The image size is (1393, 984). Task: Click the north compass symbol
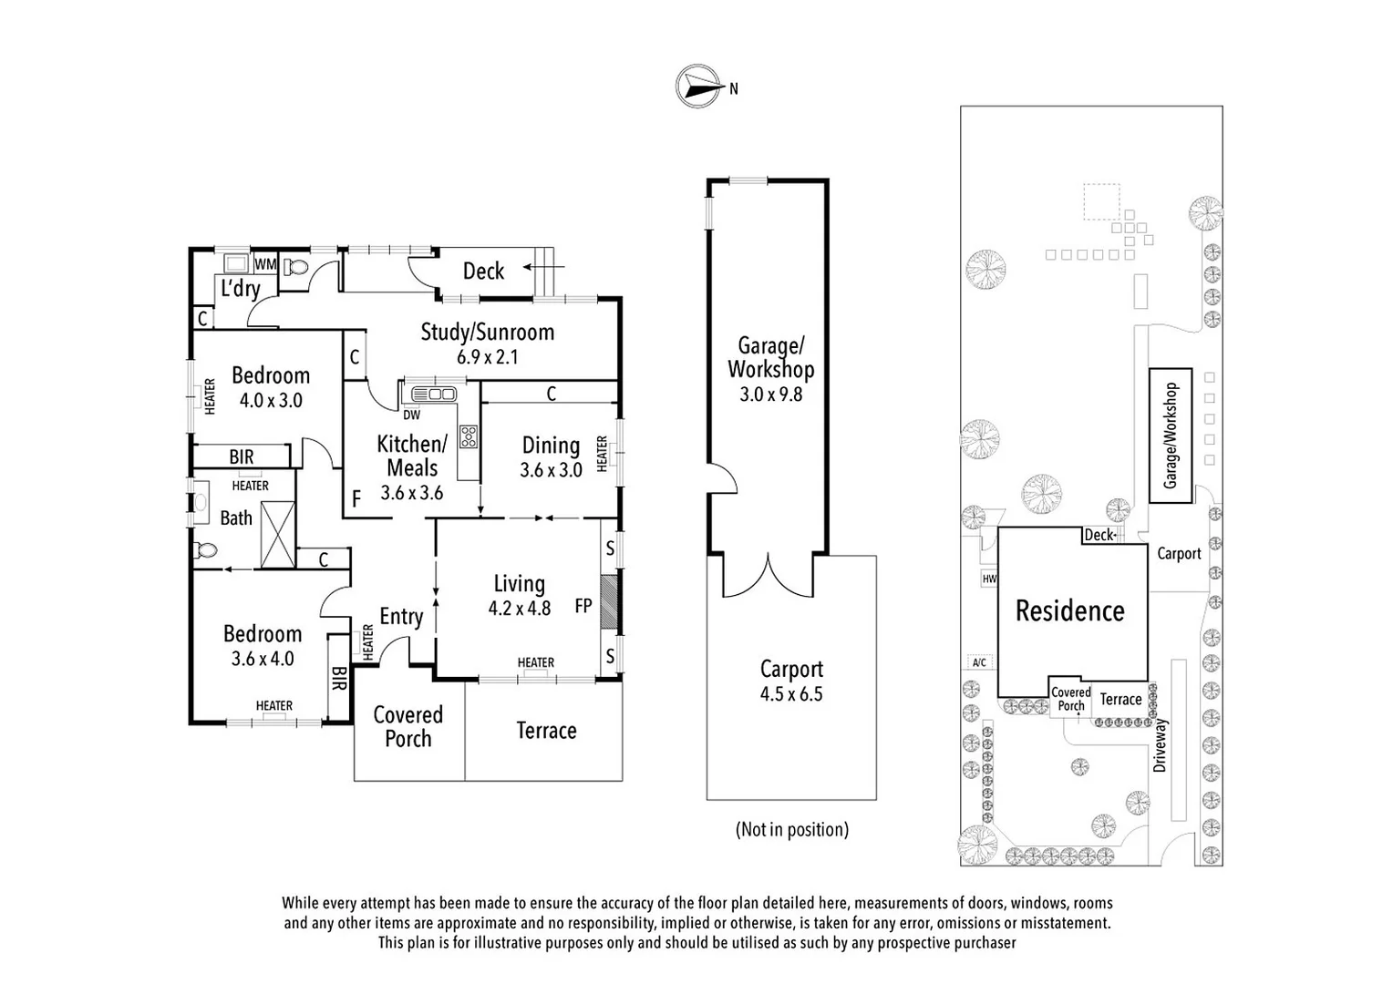[x=697, y=87]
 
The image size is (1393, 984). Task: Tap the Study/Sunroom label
[x=487, y=332]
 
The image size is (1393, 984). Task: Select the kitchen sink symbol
[x=433, y=394]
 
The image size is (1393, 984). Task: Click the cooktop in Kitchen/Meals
[x=469, y=436]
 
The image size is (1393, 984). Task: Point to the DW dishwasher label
[x=411, y=415]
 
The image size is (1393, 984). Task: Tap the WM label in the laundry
[x=264, y=264]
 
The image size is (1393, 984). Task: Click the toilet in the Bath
[x=206, y=549]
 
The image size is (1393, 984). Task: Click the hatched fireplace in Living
[x=609, y=604]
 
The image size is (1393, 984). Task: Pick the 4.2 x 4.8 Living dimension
[x=519, y=608]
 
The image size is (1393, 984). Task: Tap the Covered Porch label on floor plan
[x=408, y=726]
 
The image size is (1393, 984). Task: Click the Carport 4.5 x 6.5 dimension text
[x=791, y=694]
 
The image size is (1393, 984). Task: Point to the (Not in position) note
[x=791, y=829]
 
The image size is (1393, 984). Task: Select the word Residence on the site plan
[x=1069, y=610]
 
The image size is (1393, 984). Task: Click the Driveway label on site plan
[x=1160, y=745]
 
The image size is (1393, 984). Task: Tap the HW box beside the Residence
[x=989, y=579]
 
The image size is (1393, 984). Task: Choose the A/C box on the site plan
[x=979, y=662]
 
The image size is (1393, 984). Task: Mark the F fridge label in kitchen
[x=356, y=498]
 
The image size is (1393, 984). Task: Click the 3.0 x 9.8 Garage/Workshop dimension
[x=770, y=395]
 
